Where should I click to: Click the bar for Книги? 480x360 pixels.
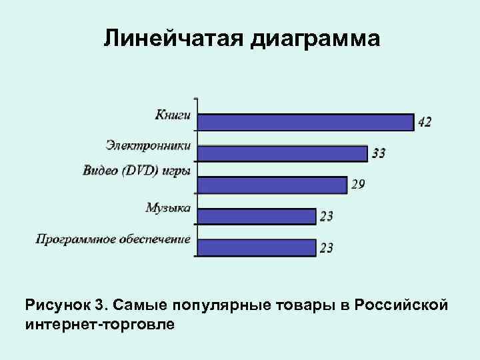tap(305, 122)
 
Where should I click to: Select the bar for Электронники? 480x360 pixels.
tap(283, 153)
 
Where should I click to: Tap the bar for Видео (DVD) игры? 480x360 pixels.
tap(273, 185)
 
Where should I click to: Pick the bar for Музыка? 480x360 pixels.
tap(257, 216)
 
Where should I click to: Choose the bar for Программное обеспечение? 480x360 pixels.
tap(257, 247)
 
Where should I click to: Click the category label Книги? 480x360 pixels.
tap(173, 114)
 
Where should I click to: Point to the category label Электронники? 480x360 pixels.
tap(148, 145)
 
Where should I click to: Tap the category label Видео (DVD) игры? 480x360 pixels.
tap(136, 170)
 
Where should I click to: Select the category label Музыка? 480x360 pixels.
tap(168, 207)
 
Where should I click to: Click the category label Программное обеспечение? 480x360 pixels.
tap(113, 239)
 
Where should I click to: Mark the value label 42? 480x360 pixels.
tap(425, 122)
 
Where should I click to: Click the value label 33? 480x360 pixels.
tap(378, 153)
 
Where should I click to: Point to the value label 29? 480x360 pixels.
tap(358, 185)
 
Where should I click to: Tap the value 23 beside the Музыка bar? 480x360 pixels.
tap(326, 216)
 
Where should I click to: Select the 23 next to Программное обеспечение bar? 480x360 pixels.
tap(326, 248)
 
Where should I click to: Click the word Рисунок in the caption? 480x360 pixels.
tap(57, 306)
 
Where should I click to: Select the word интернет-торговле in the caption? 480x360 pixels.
tap(100, 325)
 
